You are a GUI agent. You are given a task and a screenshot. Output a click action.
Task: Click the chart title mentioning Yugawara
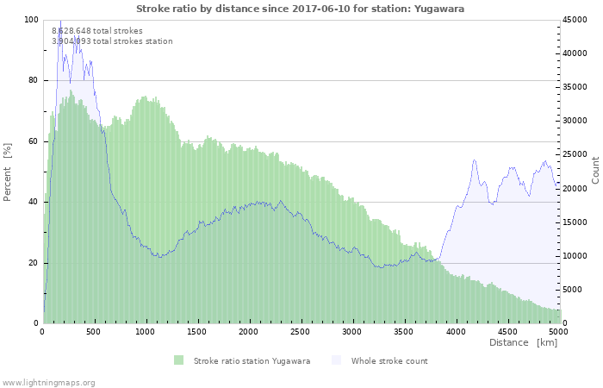click(301, 8)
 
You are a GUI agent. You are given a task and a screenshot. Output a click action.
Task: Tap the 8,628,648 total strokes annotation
click(97, 30)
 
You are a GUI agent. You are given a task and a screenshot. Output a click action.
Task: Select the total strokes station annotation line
click(112, 41)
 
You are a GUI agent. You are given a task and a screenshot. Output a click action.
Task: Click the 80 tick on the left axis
click(34, 80)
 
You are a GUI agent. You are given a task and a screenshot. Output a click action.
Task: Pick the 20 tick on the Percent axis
click(34, 263)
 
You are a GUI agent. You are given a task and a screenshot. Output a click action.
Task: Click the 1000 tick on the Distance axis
click(146, 330)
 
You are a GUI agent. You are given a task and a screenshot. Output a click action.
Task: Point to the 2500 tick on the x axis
click(301, 330)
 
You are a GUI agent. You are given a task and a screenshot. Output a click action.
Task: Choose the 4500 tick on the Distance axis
click(507, 330)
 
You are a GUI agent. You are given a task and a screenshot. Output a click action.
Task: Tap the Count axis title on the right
click(595, 170)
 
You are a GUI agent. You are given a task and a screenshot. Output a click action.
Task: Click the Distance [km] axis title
click(523, 342)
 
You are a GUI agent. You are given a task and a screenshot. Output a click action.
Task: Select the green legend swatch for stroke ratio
click(179, 360)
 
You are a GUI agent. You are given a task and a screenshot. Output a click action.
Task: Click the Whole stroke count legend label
click(389, 360)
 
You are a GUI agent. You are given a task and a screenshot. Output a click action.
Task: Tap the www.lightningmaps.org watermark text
click(48, 382)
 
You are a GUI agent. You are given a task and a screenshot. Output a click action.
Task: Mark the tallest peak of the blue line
click(60, 21)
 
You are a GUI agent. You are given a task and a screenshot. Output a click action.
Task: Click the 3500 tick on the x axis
click(403, 330)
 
